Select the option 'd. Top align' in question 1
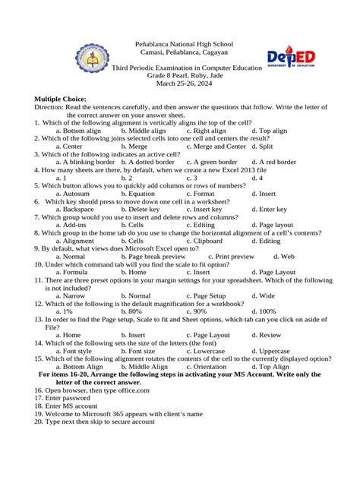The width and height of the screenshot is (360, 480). coord(270,131)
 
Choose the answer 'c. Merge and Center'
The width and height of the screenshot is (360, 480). coord(216,146)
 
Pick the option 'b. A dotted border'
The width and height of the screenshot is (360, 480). coord(150,162)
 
